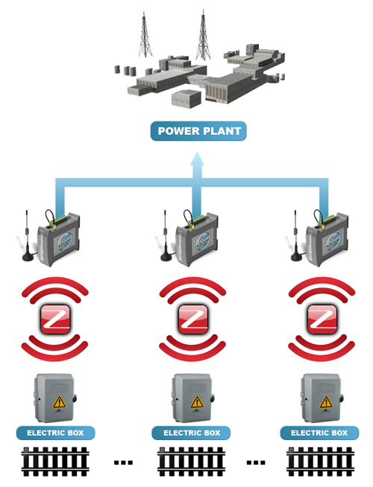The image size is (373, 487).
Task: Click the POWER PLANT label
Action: [x=198, y=131]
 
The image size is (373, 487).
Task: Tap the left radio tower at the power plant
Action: [x=145, y=34]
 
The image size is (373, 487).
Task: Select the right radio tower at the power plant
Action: [x=203, y=35]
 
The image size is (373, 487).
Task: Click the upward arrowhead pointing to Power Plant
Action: [x=197, y=159]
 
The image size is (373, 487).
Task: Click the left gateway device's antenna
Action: [x=28, y=236]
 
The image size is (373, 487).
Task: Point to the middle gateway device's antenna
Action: [x=166, y=236]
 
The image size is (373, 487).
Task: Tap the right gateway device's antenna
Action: [x=295, y=236]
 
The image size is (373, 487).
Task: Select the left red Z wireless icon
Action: [x=55, y=319]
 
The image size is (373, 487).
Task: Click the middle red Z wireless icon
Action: [x=193, y=319]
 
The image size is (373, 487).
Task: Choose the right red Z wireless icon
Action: [x=322, y=319]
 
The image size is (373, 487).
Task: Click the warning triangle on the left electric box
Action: [x=59, y=402]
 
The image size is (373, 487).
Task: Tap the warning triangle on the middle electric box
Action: [x=197, y=402]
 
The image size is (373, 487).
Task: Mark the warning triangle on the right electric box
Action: [x=326, y=402]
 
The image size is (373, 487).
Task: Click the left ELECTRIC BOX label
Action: [x=55, y=433]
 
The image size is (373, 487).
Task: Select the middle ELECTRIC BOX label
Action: [x=191, y=433]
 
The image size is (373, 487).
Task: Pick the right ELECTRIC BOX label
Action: [x=319, y=433]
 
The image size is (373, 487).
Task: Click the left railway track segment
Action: [x=55, y=462]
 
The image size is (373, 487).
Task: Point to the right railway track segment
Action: [x=321, y=462]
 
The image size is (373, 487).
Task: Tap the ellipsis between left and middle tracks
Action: [x=123, y=462]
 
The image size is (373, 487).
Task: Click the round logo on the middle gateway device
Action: [x=203, y=241]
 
